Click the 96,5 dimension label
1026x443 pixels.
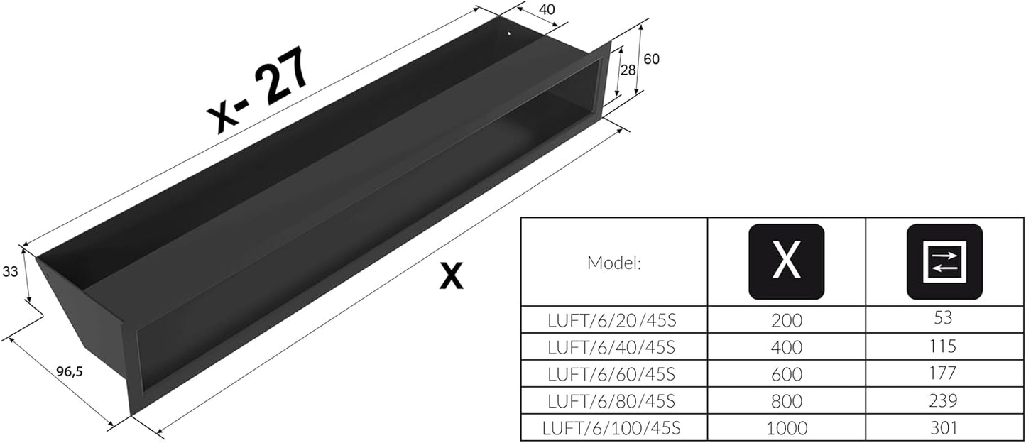pyautogui.click(x=70, y=371)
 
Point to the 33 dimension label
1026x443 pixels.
pyautogui.click(x=10, y=272)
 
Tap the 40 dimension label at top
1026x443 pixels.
pyautogui.click(x=547, y=10)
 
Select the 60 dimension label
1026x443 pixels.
pyautogui.click(x=651, y=59)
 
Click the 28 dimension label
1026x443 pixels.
pyautogui.click(x=628, y=70)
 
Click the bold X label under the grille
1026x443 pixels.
pyautogui.click(x=451, y=275)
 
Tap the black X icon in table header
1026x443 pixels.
pyautogui.click(x=787, y=261)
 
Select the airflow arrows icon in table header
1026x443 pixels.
pyautogui.click(x=944, y=261)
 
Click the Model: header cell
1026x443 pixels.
pyautogui.click(x=613, y=263)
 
